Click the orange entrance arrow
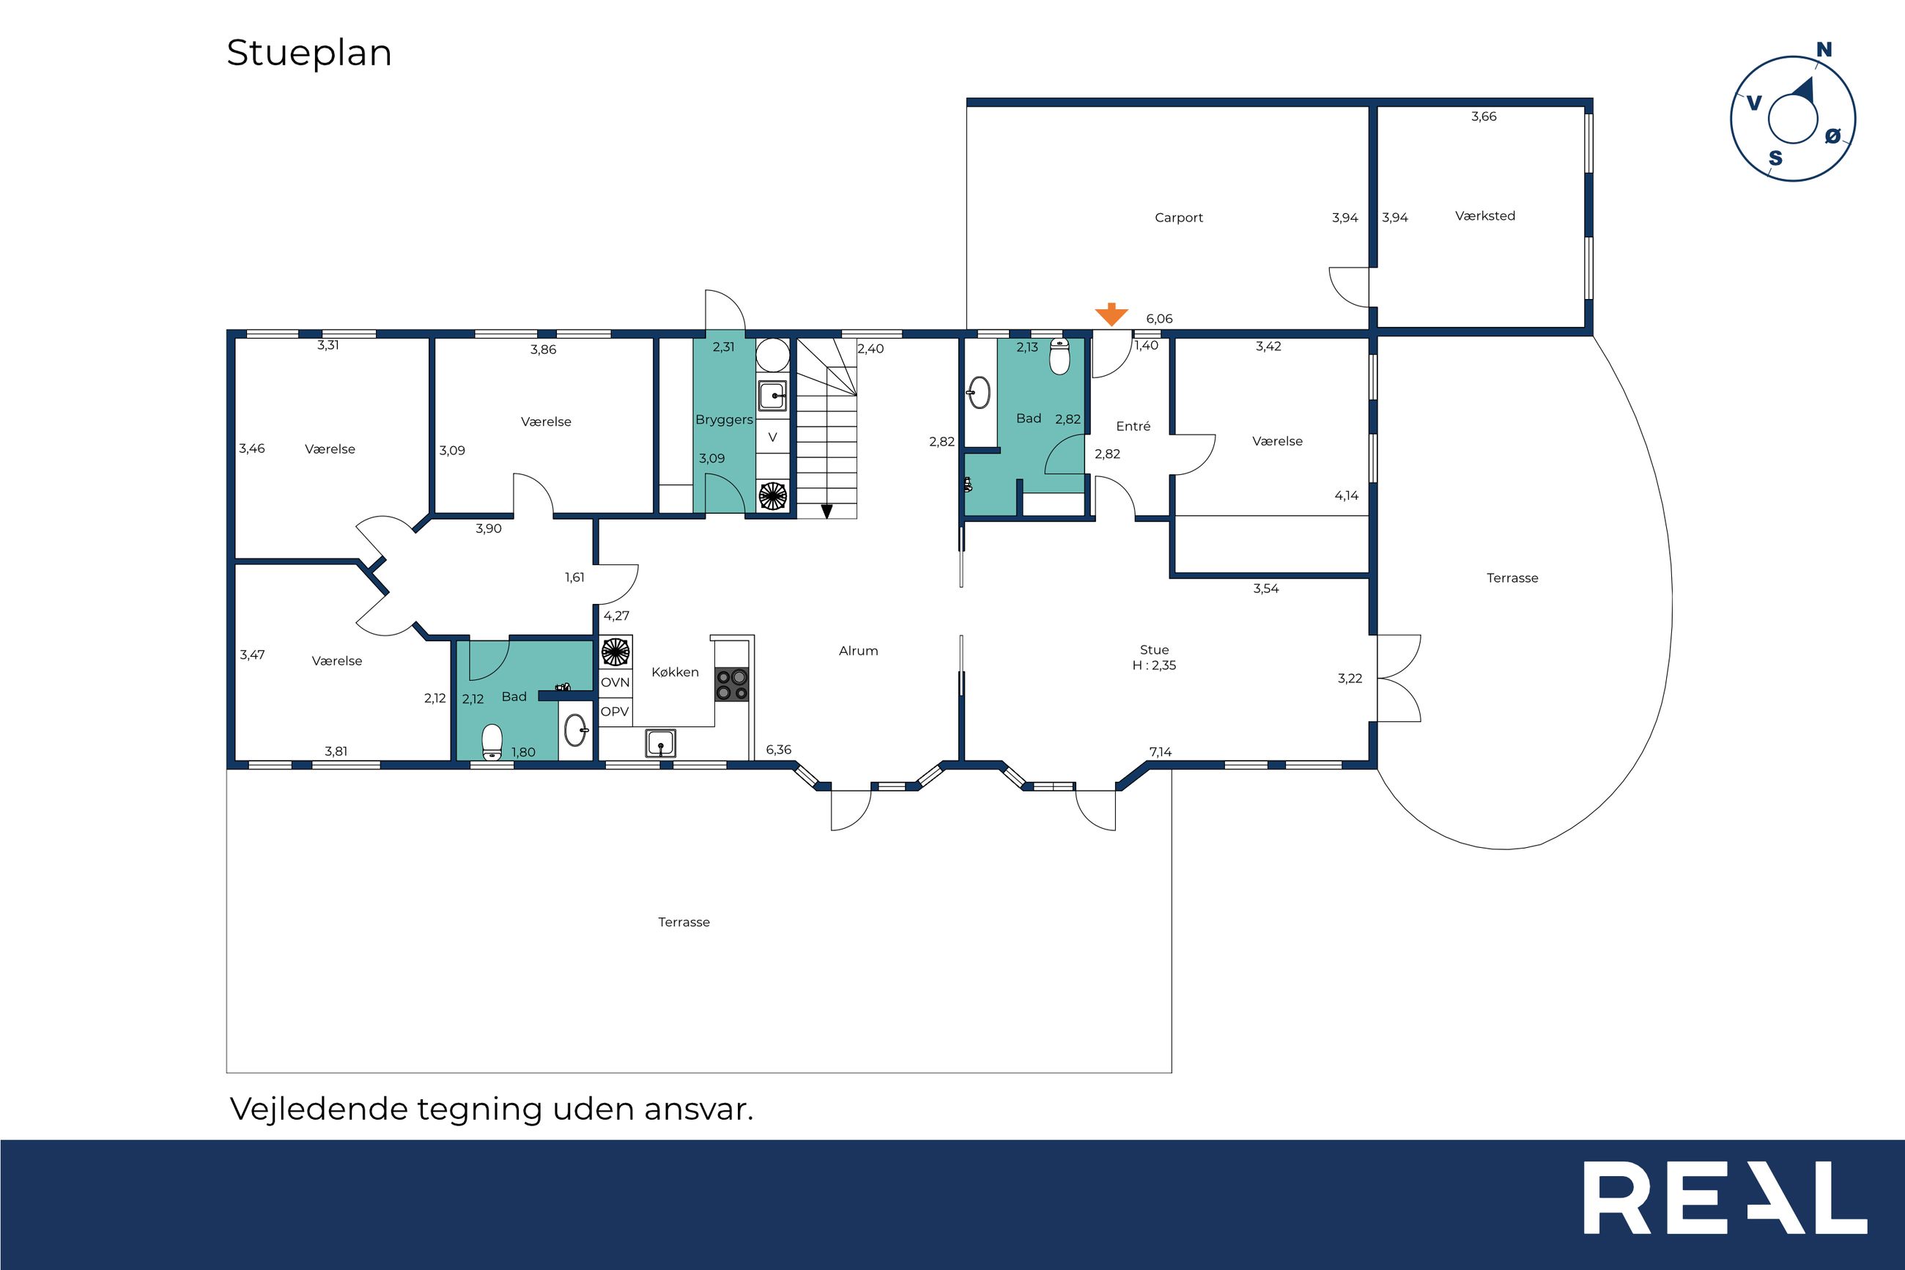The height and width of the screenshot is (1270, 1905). pos(1111,314)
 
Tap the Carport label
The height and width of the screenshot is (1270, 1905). pos(1179,218)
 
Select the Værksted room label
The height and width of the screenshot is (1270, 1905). pos(1485,215)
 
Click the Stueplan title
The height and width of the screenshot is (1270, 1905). pos(309,53)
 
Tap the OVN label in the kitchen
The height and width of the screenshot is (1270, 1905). pos(615,682)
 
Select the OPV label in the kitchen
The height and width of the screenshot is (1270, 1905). pos(615,712)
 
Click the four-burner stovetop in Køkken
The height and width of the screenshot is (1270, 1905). pos(731,684)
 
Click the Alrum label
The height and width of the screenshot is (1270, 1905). pos(858,650)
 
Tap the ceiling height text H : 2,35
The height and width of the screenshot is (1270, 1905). pos(1155,665)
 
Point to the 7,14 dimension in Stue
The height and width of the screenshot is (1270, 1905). pos(1160,752)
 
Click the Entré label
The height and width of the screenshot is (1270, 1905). pos(1133,426)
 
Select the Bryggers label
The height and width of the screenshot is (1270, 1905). pos(724,420)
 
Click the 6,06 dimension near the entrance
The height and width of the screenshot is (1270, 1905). pos(1159,319)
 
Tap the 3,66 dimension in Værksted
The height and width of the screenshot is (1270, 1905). pos(1484,117)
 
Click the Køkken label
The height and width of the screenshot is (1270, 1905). pos(676,672)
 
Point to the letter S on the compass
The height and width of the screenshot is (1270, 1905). pos(1775,158)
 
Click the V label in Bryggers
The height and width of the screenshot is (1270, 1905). pos(772,438)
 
